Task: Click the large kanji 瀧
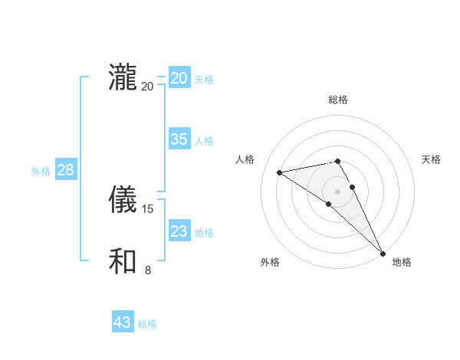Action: [x=123, y=78]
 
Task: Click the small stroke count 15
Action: [x=149, y=208]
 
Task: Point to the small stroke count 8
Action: [x=148, y=270]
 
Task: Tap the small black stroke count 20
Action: [x=147, y=86]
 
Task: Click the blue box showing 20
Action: [x=179, y=78]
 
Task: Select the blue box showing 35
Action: [x=179, y=139]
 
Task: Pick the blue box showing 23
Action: [x=179, y=231]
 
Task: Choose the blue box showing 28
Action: [x=65, y=170]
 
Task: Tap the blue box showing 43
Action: [x=123, y=322]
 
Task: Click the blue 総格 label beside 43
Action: [x=147, y=324]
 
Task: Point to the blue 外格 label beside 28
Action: [x=41, y=172]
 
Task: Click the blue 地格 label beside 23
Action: [x=204, y=233]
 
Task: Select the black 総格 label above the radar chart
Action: [x=338, y=100]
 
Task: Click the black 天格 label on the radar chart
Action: [x=432, y=159]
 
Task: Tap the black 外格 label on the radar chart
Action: [x=270, y=262]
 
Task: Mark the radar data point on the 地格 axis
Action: [x=383, y=253]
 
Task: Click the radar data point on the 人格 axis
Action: [x=280, y=172]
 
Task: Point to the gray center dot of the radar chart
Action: [x=338, y=191]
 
